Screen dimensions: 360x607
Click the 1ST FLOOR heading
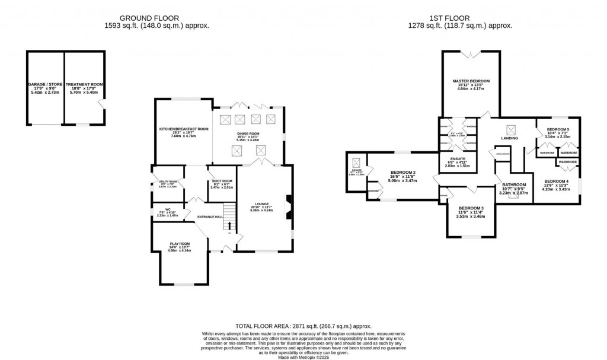pos(460,18)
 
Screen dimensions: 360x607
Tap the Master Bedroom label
pos(471,81)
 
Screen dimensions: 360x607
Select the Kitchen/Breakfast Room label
pos(183,129)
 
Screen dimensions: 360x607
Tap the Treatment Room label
pos(85,85)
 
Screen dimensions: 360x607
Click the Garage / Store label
pos(45,85)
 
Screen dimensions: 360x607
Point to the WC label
pos(168,209)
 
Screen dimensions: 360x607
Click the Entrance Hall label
pos(210,217)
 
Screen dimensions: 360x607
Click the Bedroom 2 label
pos(402,173)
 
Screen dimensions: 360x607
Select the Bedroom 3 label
pos(471,208)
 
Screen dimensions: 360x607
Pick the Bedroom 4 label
pos(556,181)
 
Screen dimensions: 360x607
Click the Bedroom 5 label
pos(557,129)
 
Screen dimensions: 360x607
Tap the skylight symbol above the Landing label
pos(509,129)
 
